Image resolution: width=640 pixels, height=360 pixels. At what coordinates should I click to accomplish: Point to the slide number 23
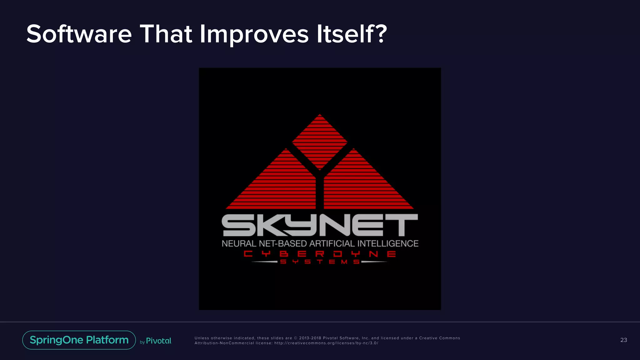[x=623, y=340]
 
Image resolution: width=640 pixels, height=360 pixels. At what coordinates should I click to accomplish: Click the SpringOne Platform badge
[x=79, y=340]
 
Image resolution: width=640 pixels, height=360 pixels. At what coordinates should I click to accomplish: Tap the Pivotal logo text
[x=159, y=341]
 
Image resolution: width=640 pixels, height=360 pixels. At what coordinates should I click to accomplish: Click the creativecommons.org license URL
[x=326, y=343]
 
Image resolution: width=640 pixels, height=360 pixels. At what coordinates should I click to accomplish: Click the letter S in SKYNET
[x=237, y=225]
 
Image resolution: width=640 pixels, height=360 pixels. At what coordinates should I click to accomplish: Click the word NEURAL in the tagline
[x=239, y=243]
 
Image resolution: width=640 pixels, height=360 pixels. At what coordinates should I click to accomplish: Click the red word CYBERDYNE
[x=320, y=254]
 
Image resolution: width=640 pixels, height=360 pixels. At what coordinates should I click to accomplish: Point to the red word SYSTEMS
[x=320, y=262]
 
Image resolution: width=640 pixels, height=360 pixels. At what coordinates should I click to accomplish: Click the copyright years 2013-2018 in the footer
[x=310, y=338]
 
